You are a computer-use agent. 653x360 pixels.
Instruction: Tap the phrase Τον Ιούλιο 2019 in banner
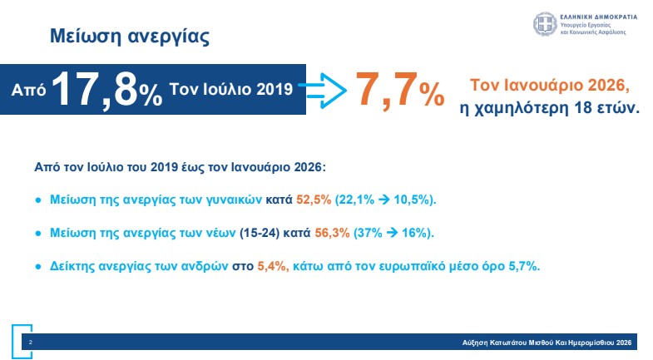click(x=230, y=88)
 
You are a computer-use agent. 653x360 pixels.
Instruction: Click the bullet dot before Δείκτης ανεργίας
click(x=37, y=266)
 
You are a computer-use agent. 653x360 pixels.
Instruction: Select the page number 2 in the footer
click(x=31, y=342)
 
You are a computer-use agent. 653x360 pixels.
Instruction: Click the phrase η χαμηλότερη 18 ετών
click(x=550, y=108)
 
